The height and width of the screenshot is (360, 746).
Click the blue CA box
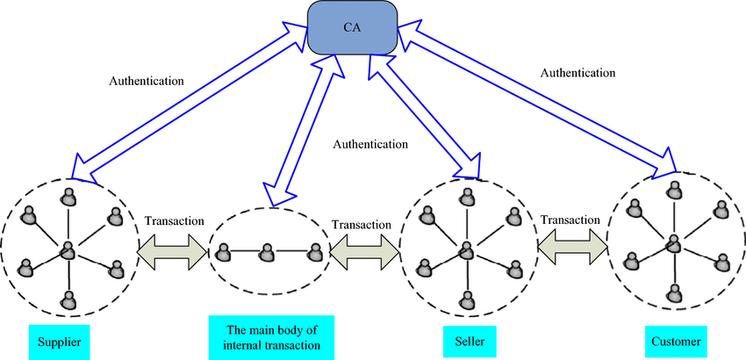pyautogui.click(x=352, y=27)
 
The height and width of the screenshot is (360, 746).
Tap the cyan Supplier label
pyautogui.click(x=60, y=341)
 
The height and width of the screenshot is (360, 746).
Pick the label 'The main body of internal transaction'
pyautogui.click(x=272, y=337)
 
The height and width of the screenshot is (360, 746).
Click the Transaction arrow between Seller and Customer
pyautogui.click(x=572, y=246)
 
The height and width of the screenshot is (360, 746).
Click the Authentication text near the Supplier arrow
pyautogui.click(x=147, y=81)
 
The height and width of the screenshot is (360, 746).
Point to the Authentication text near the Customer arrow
pyautogui.click(x=578, y=73)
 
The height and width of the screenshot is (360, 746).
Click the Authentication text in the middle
pyautogui.click(x=370, y=143)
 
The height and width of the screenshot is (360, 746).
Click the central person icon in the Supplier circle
pyautogui.click(x=68, y=249)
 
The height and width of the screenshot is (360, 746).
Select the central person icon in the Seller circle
pyautogui.click(x=467, y=249)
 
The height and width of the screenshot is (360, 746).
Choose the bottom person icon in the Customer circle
pyautogui.click(x=674, y=293)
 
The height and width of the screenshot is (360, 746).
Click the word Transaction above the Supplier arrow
pyautogui.click(x=174, y=221)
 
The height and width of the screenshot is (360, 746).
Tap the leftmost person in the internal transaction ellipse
pyautogui.click(x=221, y=252)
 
